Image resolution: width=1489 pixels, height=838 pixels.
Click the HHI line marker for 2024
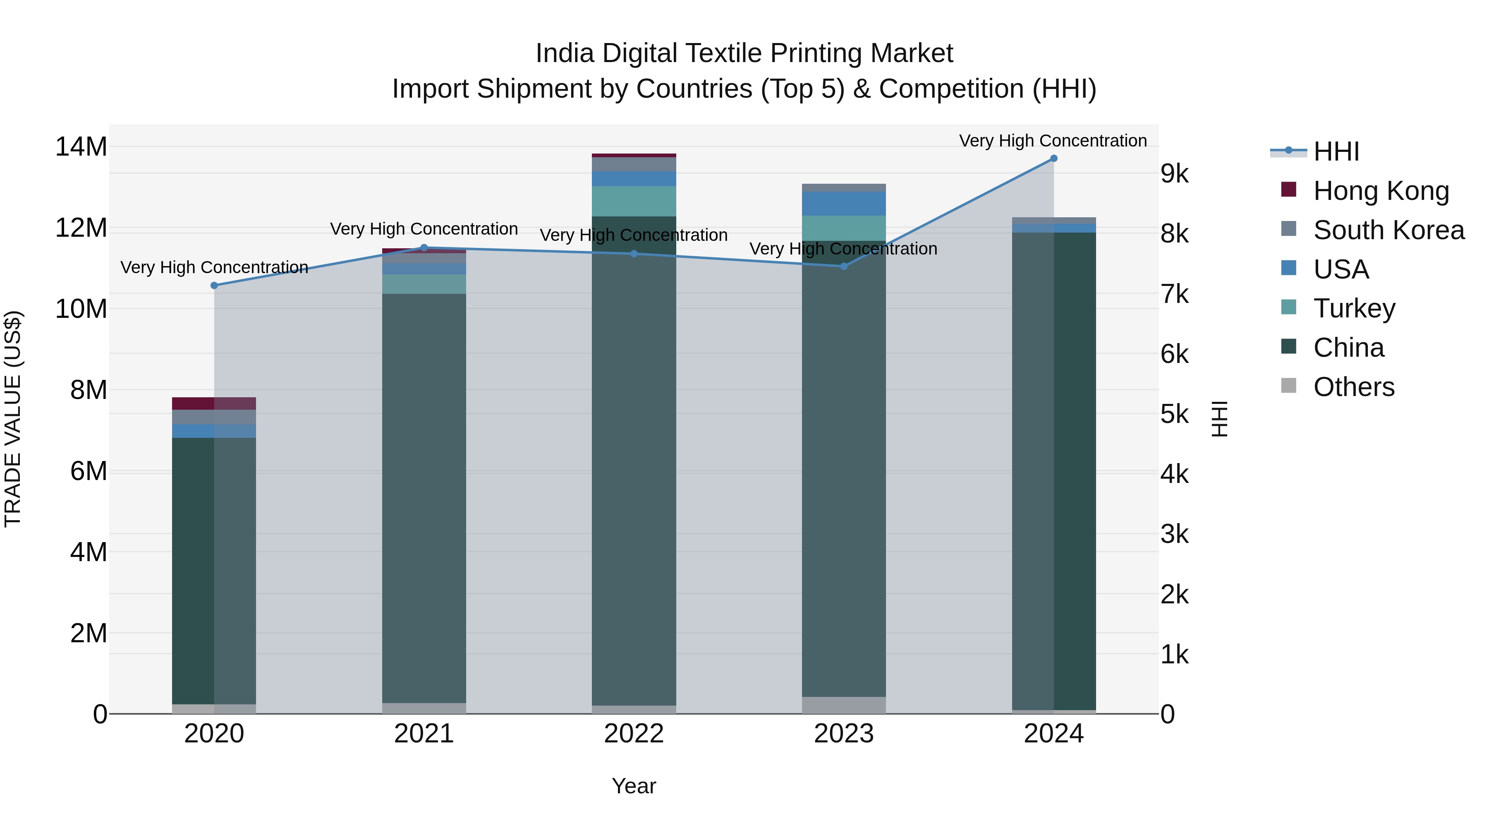1053,158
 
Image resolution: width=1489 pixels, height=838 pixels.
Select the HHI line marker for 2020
214,285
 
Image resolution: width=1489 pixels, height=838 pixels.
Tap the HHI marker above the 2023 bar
843,267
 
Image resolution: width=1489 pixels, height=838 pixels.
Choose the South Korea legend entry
1388,230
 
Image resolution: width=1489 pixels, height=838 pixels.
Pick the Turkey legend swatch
1288,307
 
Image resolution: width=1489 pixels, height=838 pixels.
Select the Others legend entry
1353,387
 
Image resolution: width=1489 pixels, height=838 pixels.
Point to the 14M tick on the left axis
81,147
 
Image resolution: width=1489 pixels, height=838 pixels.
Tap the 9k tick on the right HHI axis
1175,174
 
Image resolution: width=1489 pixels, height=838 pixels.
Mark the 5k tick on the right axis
1175,415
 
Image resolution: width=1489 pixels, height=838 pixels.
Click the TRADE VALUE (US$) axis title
13,419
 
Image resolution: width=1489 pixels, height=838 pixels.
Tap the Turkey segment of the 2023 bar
843,228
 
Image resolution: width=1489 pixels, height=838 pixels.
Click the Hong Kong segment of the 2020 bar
214,403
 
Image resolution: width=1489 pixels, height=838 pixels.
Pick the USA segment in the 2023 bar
843,204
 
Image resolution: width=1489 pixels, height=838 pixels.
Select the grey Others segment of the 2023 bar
843,705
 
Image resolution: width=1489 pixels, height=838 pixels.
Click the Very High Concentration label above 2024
1053,141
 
